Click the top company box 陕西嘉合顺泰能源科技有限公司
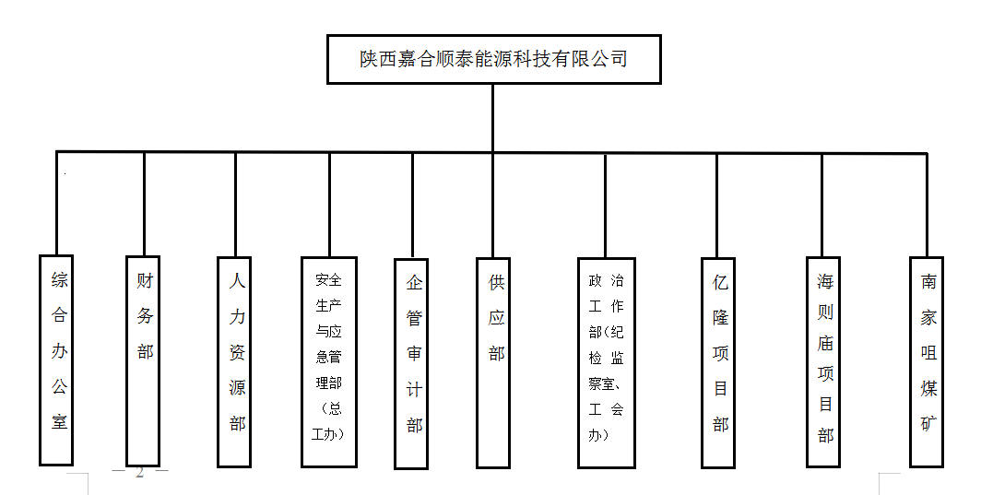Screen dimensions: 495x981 coord(494,59)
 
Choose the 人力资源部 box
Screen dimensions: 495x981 coord(235,359)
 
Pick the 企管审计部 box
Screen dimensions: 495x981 coord(411,362)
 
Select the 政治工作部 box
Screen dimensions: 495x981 coord(606,361)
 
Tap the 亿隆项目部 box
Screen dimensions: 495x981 coord(718,360)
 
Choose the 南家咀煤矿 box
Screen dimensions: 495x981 coord(926,360)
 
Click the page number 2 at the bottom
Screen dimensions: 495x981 coord(140,473)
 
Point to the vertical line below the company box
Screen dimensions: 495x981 coord(493,118)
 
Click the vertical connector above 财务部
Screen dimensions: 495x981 coord(144,204)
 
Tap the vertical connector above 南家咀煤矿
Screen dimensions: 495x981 coord(926,205)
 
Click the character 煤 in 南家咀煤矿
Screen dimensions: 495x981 coord(928,389)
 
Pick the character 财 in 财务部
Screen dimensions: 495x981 coord(145,279)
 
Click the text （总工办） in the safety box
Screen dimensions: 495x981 coord(329,420)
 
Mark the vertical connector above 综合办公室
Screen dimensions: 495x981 coord(57,203)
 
